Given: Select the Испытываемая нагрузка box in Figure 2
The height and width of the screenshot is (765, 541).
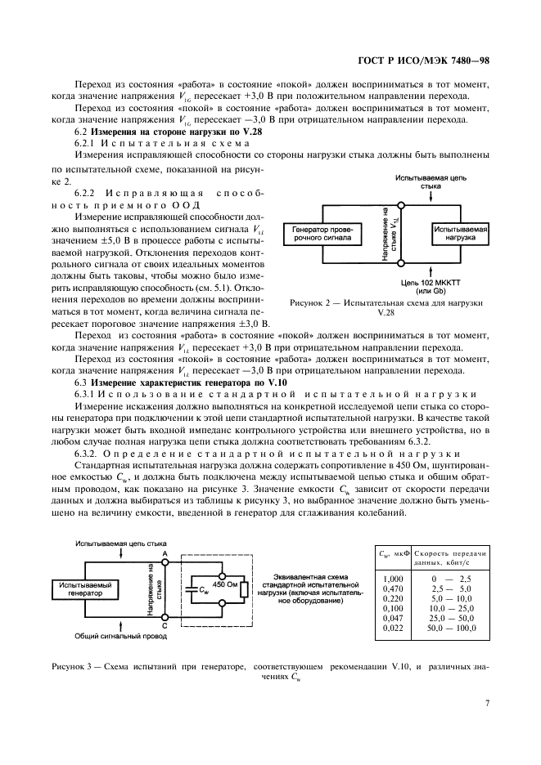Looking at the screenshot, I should pos(460,235).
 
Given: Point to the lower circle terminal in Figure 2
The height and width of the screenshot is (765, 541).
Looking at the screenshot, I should pos(400,263).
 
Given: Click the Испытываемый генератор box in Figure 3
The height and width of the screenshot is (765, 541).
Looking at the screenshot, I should pos(84,589).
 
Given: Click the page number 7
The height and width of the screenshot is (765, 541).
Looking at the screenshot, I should pos(486,702).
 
